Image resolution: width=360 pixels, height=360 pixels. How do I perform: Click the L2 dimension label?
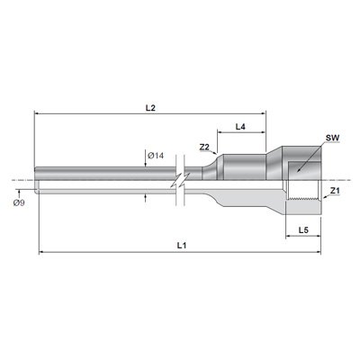[x=150, y=108]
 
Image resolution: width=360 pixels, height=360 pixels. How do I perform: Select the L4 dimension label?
[x=240, y=127]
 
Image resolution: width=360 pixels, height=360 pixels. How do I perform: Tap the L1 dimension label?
[x=182, y=246]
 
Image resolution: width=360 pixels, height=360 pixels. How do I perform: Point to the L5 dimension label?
[x=303, y=230]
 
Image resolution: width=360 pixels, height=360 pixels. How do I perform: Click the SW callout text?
[x=332, y=138]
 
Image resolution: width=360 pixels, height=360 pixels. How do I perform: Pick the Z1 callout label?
[x=335, y=191]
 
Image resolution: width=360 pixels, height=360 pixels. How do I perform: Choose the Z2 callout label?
[x=204, y=147]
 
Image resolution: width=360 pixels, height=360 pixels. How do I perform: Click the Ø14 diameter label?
[x=156, y=156]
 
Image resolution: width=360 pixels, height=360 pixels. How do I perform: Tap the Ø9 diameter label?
[x=19, y=203]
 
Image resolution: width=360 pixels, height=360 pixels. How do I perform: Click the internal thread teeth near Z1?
[x=303, y=199]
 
